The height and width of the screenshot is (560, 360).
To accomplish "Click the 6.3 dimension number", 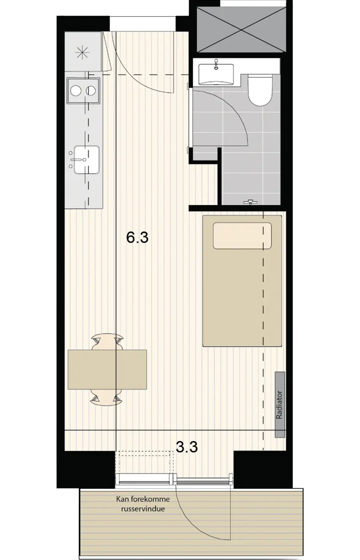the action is click(137, 237).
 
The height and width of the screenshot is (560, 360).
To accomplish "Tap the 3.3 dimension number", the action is click(187, 447).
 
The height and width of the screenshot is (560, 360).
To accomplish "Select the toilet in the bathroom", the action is click(260, 90).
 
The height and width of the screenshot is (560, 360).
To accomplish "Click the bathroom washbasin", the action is click(216, 74).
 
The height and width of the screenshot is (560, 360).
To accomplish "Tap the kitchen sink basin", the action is click(86, 160).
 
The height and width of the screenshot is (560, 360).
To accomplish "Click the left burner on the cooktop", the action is click(76, 90).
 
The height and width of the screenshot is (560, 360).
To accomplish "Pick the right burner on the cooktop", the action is click(91, 90).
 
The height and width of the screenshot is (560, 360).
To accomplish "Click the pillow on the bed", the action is click(242, 236).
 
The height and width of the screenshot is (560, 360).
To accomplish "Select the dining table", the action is click(107, 370).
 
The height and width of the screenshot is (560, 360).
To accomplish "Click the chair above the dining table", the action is click(107, 342).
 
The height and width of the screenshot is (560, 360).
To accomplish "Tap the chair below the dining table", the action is click(107, 397).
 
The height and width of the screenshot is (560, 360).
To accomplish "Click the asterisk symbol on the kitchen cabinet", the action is click(82, 53).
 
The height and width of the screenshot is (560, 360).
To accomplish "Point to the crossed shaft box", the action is click(241, 30).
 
